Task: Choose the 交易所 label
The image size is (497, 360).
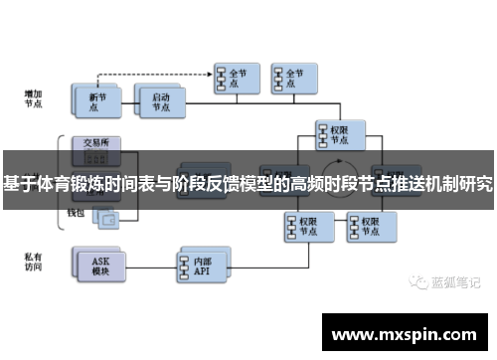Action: (x=96, y=140)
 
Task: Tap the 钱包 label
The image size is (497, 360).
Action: (x=78, y=213)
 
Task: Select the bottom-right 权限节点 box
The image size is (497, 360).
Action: (x=361, y=225)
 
